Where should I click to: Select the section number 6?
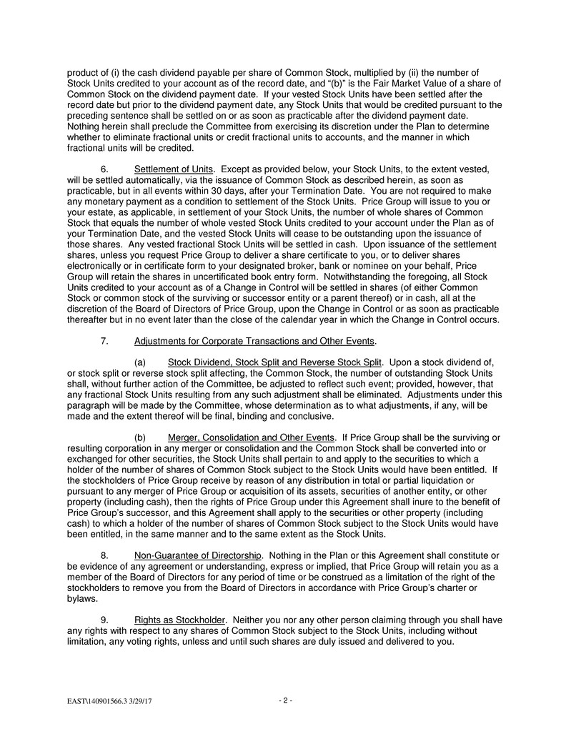[104, 169]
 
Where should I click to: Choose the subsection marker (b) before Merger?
[141, 437]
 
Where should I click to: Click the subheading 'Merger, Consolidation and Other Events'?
[251, 437]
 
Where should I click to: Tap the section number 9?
[104, 620]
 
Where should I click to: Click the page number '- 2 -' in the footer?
[285, 700]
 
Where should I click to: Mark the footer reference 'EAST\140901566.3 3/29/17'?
[109, 702]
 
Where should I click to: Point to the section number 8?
[104, 555]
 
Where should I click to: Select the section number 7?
[104, 340]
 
